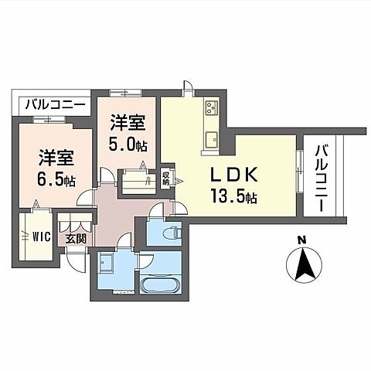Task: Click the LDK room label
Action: tap(227, 174)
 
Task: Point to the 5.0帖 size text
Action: tap(127, 144)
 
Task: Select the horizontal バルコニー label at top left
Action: tap(53, 104)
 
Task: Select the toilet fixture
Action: tap(172, 230)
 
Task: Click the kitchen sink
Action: tap(210, 139)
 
